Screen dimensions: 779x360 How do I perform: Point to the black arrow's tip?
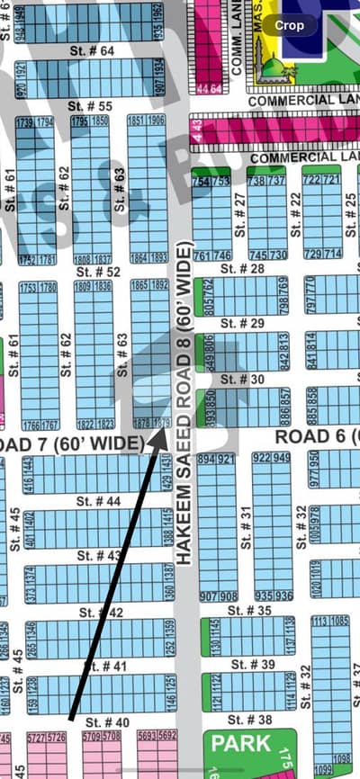coord(164,426)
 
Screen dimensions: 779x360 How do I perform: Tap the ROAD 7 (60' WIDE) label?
coord(72,443)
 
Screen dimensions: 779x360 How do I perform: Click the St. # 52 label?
coord(98,271)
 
